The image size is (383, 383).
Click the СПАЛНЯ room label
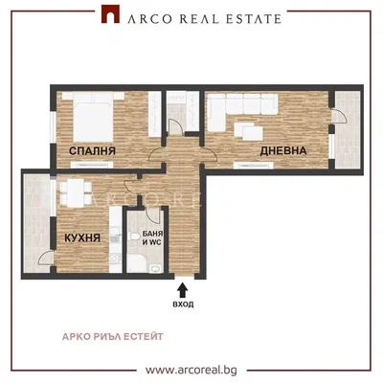pos(92,151)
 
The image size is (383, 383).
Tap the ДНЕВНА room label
pos(283,150)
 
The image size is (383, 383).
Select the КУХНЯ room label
pos(82,237)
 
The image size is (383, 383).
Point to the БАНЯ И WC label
pos(152,238)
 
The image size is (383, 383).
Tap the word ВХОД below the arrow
pos(183,304)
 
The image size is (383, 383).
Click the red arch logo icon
pos(110,14)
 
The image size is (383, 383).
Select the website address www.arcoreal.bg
pos(191,371)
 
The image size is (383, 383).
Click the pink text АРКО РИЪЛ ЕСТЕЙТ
pos(113,337)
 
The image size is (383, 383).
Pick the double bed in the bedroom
pos(93,117)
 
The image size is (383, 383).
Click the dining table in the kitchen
pos(76,192)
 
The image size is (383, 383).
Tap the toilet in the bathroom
pos(133,237)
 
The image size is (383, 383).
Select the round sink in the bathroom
pos(156,269)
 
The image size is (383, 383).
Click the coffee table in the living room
pos(249,131)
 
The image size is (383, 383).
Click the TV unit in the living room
pos(254,165)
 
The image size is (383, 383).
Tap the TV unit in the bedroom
pos(92,165)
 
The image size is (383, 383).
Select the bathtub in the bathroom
pos(137,263)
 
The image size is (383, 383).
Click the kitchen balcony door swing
pos(46,258)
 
